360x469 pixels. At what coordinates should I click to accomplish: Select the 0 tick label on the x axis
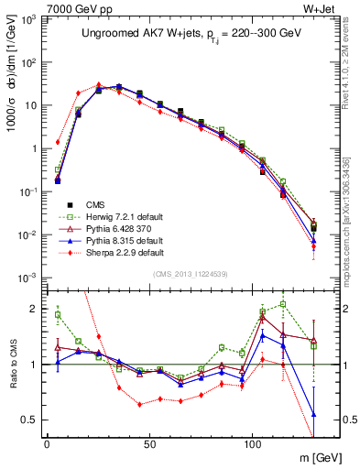pos(47,443)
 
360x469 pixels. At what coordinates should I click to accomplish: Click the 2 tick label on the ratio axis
pos(34,309)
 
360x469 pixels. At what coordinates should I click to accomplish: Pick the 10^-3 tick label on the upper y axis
pos(27,278)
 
